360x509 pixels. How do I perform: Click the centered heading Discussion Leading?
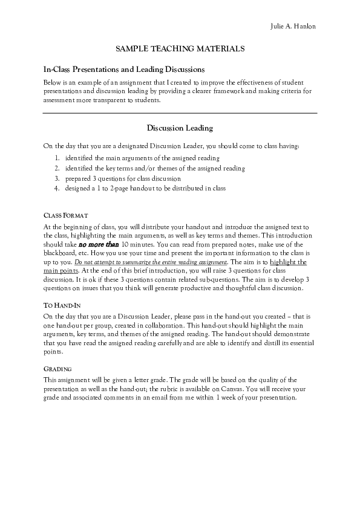(x=180, y=128)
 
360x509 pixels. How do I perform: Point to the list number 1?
(x=56, y=157)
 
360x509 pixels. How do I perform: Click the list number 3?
(x=56, y=178)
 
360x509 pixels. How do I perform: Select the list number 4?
(x=56, y=189)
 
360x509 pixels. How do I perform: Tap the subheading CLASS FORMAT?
(x=67, y=215)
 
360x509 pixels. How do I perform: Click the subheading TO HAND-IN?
(x=63, y=305)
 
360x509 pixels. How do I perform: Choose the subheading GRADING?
(x=59, y=369)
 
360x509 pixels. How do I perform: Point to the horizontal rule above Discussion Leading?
(x=180, y=113)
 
